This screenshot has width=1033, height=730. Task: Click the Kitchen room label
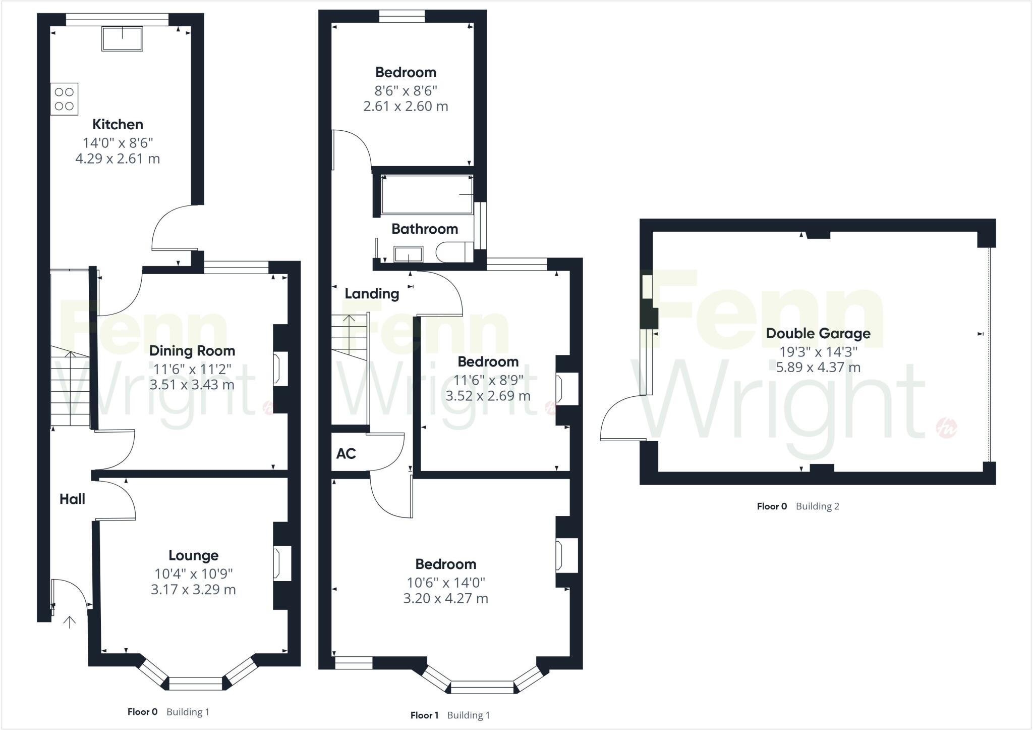pyautogui.click(x=118, y=124)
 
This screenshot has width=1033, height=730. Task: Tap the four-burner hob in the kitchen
pyautogui.click(x=64, y=99)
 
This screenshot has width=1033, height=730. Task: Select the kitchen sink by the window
pyautogui.click(x=122, y=39)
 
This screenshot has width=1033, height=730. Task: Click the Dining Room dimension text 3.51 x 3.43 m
pyautogui.click(x=192, y=385)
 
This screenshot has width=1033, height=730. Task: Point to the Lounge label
pyautogui.click(x=193, y=555)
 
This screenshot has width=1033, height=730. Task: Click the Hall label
pyautogui.click(x=72, y=499)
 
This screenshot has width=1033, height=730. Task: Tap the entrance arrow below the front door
pyautogui.click(x=69, y=622)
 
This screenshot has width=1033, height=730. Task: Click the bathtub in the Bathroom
pyautogui.click(x=427, y=195)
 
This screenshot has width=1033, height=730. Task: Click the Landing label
pyautogui.click(x=372, y=294)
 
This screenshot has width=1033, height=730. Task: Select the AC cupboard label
pyautogui.click(x=346, y=454)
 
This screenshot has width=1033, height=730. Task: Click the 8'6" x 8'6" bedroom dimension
pyautogui.click(x=406, y=91)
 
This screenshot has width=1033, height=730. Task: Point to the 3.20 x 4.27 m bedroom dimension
pyautogui.click(x=445, y=599)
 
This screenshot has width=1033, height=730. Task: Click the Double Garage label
pyautogui.click(x=818, y=333)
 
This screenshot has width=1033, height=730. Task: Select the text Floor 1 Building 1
pyautogui.click(x=450, y=715)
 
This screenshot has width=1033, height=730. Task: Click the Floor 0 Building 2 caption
pyautogui.click(x=797, y=506)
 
